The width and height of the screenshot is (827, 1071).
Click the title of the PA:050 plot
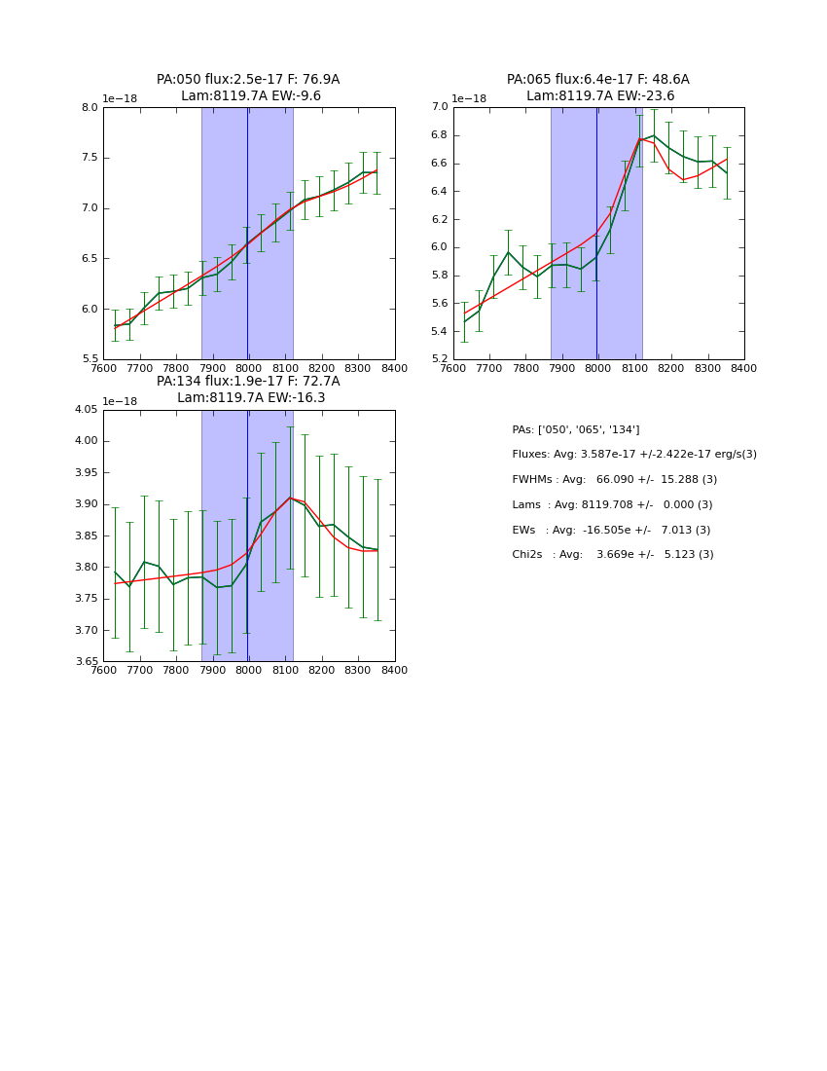click(248, 88)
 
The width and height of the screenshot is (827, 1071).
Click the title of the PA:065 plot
click(597, 88)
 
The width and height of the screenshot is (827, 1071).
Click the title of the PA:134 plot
click(248, 389)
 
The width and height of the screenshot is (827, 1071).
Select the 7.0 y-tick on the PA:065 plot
click(440, 108)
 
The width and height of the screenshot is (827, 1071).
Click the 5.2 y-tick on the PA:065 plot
click(440, 359)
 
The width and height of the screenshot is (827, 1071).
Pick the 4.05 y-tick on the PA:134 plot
click(87, 410)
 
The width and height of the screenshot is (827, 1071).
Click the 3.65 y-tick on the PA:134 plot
click(87, 662)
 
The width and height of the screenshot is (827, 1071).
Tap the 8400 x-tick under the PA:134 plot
click(394, 671)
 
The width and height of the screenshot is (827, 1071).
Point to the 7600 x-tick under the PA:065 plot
click(453, 369)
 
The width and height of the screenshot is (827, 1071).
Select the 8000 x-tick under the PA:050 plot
click(248, 369)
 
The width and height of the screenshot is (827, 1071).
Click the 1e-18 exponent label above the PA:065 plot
click(470, 99)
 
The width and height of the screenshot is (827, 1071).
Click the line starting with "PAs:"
click(575, 429)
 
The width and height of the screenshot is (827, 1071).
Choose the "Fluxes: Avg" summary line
click(633, 455)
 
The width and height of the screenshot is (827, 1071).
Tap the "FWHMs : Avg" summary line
click(614, 480)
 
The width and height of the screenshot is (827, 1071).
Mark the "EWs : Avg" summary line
click(611, 531)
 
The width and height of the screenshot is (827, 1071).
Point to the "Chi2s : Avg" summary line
click(612, 555)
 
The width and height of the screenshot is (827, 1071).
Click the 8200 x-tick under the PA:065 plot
click(670, 369)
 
